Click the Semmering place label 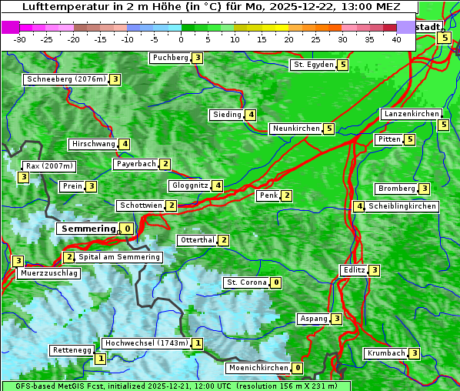coord(87,229)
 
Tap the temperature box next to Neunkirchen coord(329,129)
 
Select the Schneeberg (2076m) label coord(65,79)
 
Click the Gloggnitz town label coord(188,185)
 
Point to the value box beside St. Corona coord(276,282)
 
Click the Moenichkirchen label coord(258,368)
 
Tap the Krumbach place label coord(385,353)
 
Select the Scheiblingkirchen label coord(402,206)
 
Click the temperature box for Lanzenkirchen coord(443,125)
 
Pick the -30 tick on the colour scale coord(20,39)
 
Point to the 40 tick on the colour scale coord(396,39)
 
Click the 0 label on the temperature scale coord(182,39)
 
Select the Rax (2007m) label coord(48,165)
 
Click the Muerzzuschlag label coord(48,273)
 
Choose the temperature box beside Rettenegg coord(100,358)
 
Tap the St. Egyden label coord(313,65)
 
